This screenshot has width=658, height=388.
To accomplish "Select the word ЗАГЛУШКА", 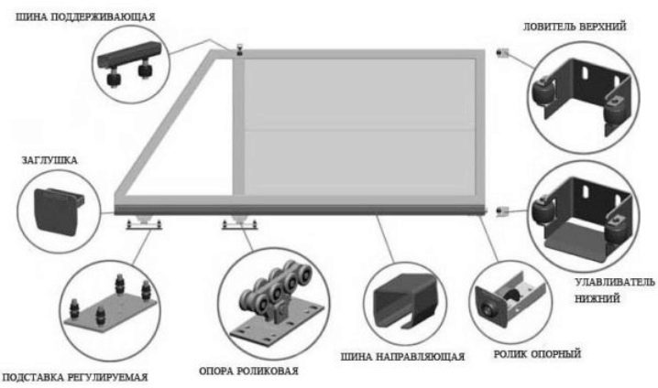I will [49, 160].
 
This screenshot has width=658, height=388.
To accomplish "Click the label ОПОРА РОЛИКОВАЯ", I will [248, 371].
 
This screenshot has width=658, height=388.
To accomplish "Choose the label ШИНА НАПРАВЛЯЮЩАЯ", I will [403, 356].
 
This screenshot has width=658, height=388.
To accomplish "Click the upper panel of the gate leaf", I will [358, 92].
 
